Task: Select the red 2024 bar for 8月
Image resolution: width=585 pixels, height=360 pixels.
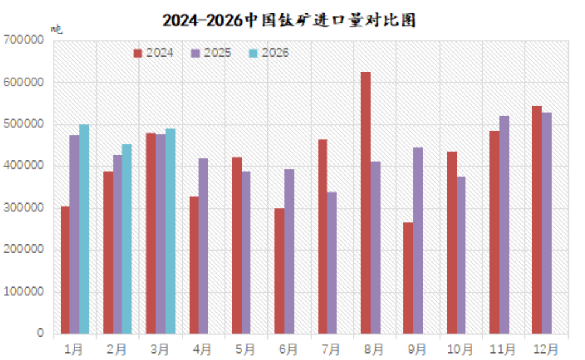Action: pos(365,203)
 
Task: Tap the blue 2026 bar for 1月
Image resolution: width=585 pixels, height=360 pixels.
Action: pos(84,229)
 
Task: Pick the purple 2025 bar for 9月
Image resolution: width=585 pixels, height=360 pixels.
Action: pos(418,240)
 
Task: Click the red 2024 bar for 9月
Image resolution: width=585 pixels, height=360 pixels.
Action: pos(408,278)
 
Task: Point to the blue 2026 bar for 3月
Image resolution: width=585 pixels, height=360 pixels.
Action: pos(170,231)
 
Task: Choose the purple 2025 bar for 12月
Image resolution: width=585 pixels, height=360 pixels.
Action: pos(546,223)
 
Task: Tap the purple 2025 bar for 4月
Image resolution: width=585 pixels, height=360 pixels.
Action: pos(203,246)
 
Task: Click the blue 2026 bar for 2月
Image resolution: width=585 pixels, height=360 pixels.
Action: pos(127,239)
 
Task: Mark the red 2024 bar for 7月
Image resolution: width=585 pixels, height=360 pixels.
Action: pos(322,236)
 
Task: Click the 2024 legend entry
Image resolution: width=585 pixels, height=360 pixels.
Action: pos(154,53)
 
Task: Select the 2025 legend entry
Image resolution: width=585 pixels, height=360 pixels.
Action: pos(211,53)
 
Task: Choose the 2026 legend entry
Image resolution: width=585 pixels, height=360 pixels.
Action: pos(269,53)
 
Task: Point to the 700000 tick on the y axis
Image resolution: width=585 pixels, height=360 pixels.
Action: pos(24,40)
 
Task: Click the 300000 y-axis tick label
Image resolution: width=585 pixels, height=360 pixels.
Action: pos(24,208)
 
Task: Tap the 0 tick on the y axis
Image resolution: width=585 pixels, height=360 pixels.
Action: pos(41,334)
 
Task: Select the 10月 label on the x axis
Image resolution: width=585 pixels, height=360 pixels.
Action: pos(460,349)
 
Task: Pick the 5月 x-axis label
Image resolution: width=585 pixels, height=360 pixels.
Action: pos(245,349)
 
